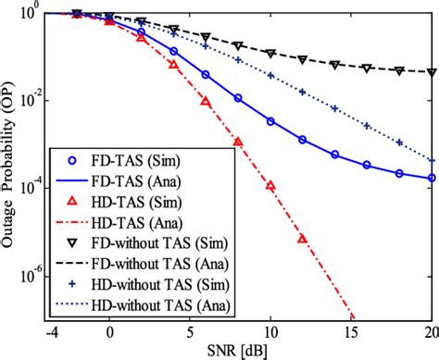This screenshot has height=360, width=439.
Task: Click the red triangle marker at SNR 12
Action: (x=303, y=238)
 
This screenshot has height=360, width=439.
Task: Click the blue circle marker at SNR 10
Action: (x=270, y=120)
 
